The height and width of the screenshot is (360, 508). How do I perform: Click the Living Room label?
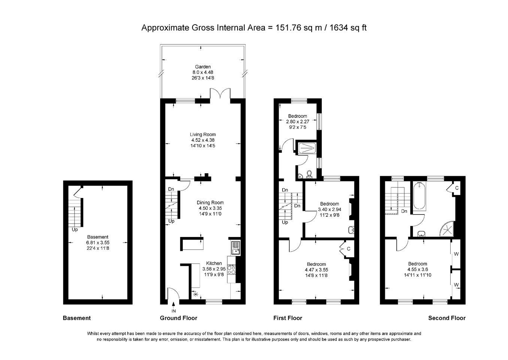click(203, 134)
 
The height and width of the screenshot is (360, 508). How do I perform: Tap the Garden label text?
click(203, 67)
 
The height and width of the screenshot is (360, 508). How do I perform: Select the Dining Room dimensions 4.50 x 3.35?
click(210, 208)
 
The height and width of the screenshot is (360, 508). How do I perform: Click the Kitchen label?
click(214, 263)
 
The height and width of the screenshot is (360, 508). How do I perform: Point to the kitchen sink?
click(236, 248)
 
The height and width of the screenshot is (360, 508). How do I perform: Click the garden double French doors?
click(220, 93)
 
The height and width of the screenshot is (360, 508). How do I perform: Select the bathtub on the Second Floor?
click(419, 196)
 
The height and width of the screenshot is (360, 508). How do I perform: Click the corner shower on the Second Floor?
click(448, 229)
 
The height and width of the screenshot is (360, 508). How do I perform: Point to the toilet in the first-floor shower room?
click(309, 174)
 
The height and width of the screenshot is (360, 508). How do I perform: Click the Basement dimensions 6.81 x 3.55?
click(98, 243)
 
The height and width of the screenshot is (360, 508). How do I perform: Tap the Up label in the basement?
click(75, 230)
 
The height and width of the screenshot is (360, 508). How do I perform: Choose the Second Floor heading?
click(447, 318)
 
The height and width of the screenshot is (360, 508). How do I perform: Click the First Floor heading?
click(288, 318)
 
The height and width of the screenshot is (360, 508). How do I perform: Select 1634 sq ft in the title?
click(348, 28)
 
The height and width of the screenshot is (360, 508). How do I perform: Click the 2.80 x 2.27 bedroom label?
click(297, 121)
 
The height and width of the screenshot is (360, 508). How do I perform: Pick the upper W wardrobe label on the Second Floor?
click(456, 254)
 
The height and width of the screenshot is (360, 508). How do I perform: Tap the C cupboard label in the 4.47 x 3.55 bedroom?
click(348, 249)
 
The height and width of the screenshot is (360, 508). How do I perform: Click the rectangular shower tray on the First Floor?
click(307, 148)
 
